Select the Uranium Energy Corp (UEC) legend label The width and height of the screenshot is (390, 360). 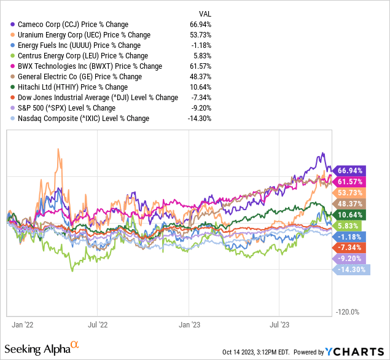pos(80,34)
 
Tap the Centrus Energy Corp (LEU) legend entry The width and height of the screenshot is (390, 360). pos(79,55)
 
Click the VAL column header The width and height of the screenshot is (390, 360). pos(205,13)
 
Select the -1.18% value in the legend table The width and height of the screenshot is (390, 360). pos(202,45)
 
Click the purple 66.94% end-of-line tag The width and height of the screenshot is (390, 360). pos(350,170)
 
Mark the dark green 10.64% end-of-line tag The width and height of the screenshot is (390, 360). pos(350,214)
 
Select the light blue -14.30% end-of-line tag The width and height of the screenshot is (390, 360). pos(350,269)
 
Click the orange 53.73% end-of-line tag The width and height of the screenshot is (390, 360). pos(350,192)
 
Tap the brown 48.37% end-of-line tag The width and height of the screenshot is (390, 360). pos(350,203)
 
